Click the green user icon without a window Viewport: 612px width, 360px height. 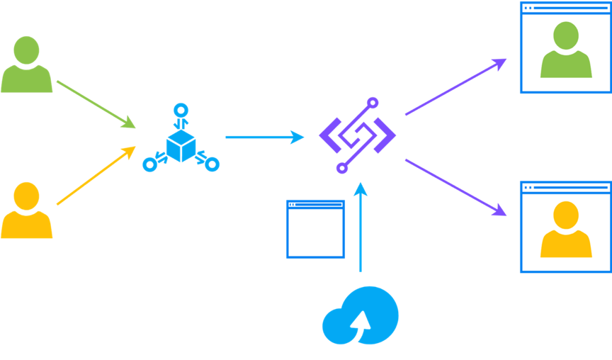coord(26,65)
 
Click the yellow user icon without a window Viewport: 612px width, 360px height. coord(26,210)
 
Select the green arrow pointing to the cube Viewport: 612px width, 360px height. coord(96,104)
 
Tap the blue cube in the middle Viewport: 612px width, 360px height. coord(181,147)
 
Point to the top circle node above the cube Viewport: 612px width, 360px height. coord(181,110)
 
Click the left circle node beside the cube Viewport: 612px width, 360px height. coord(149,165)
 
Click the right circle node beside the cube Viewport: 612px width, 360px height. coord(212,165)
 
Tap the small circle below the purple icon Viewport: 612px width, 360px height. coord(341,169)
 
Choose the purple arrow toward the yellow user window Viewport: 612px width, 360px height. coord(455,186)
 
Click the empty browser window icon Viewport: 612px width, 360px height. coord(315,229)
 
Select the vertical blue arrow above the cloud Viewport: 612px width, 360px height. coord(361,227)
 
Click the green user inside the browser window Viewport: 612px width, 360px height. coord(566,51)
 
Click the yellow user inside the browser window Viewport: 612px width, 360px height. coord(566,230)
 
